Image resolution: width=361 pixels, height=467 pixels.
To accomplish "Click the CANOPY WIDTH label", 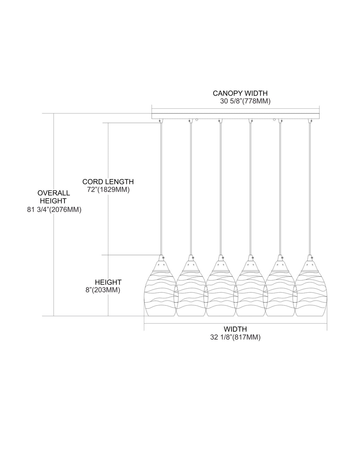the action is (240, 93).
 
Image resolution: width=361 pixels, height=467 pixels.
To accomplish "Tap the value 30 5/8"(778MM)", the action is (245, 101).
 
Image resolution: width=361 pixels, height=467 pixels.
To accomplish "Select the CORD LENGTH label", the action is (108, 182).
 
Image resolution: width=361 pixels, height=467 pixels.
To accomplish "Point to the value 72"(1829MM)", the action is (108, 190).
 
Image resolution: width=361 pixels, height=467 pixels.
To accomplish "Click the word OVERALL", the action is (54, 193).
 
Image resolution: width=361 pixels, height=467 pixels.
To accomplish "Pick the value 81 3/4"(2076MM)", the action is (54, 210).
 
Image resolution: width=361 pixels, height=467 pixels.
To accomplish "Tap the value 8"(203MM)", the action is (103, 290).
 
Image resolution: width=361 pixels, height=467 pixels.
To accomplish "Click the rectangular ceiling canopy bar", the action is (235, 116).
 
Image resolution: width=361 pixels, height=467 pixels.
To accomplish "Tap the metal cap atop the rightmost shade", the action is (310, 262).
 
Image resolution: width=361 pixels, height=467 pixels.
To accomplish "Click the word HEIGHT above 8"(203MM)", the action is (108, 282).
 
